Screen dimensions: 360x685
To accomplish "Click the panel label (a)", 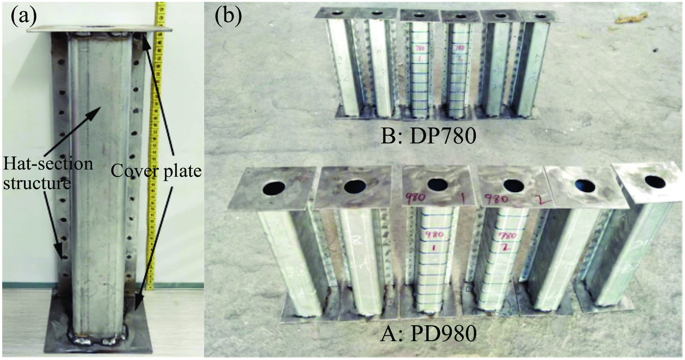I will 24,17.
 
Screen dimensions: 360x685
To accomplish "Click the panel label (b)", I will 228,17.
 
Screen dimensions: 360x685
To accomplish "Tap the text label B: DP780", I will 428,136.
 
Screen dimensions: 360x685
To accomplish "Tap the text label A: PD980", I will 428,334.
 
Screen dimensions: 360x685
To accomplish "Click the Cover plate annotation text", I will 156,171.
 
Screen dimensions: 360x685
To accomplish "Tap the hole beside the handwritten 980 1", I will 437,184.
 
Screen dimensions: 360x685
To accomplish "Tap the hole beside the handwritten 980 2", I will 513,186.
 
